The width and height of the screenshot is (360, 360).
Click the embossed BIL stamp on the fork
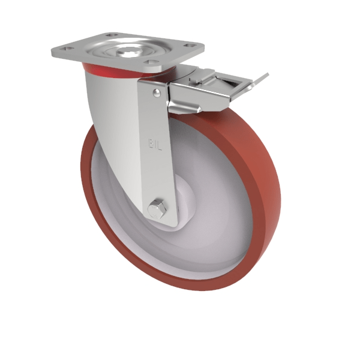pos(155,143)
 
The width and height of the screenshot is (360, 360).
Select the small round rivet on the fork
pos(157,92)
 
